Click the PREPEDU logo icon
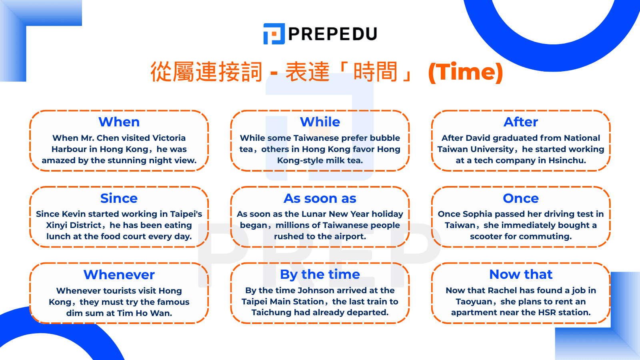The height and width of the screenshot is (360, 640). [274, 34]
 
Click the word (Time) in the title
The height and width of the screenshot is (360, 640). [465, 72]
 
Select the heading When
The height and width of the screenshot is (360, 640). [119, 122]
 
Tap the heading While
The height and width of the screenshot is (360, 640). [320, 122]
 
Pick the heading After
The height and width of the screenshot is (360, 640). [521, 122]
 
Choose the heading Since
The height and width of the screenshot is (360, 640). [119, 198]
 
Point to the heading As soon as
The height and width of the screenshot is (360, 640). [320, 198]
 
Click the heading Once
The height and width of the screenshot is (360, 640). [521, 198]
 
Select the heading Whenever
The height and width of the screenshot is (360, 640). [119, 274]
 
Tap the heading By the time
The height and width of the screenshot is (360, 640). [320, 274]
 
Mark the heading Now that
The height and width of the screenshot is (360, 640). [521, 274]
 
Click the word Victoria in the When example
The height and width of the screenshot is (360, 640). [170, 138]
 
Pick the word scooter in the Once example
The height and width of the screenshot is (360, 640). [486, 236]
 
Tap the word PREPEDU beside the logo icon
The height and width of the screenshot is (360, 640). [333, 34]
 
